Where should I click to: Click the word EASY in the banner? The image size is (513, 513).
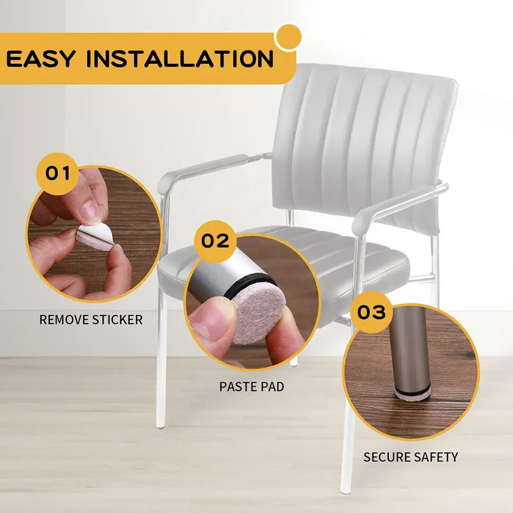41,59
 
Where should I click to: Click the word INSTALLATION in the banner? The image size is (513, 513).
180,59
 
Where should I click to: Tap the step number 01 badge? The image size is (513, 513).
58,173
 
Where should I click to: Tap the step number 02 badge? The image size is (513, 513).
215,241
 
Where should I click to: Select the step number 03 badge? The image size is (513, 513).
371,312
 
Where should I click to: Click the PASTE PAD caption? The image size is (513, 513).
251,387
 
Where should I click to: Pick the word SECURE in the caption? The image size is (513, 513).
386,457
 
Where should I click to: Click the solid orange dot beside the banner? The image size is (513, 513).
288,37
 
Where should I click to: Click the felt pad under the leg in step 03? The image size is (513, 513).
412,395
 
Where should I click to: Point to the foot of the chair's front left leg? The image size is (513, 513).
160,425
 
